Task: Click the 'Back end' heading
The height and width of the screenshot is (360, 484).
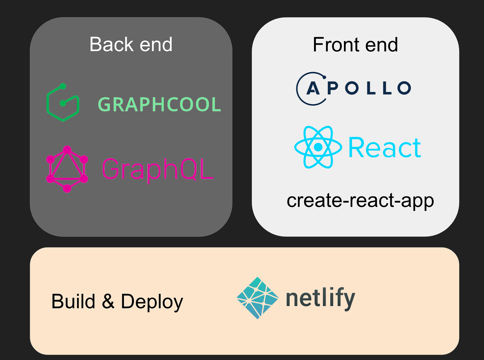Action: point(131,45)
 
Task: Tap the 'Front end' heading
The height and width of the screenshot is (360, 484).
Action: point(355,45)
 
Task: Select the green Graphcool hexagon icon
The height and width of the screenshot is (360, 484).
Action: point(63,103)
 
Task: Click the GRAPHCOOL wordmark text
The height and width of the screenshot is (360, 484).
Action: point(159,105)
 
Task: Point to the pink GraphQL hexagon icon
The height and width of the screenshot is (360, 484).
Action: point(67,169)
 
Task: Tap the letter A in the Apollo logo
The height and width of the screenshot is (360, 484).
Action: point(313,88)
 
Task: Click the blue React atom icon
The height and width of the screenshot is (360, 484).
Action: point(318,147)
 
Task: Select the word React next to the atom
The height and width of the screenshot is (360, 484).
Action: point(384,148)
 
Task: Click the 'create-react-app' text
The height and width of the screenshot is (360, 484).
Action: point(360,201)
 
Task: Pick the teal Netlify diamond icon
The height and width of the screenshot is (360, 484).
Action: point(257,298)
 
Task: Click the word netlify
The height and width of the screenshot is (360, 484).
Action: point(320,299)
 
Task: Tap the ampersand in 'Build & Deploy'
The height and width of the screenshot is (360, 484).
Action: point(108,301)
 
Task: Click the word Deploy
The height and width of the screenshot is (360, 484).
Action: point(152,302)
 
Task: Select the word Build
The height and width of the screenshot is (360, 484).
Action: point(73,301)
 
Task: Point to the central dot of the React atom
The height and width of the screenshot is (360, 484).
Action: point(318,147)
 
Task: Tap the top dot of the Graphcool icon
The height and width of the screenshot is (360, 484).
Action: point(63,86)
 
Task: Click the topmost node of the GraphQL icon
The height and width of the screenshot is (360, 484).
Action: point(67,149)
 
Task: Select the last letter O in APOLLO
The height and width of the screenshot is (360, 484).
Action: point(404,88)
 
